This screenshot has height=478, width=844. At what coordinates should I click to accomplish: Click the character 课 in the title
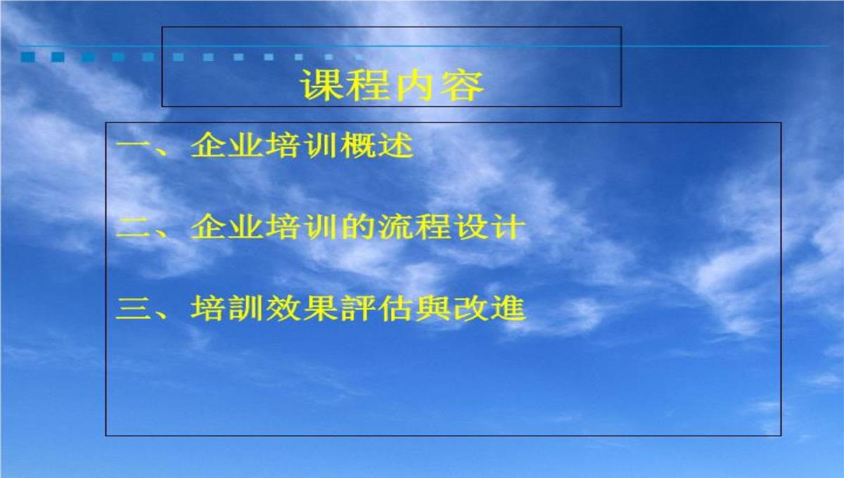pyautogui.click(x=322, y=86)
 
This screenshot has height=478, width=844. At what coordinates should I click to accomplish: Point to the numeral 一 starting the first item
pyautogui.click(x=133, y=145)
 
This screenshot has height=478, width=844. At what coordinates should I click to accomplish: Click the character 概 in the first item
pyautogui.click(x=358, y=145)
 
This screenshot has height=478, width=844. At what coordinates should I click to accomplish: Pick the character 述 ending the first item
pyautogui.click(x=395, y=145)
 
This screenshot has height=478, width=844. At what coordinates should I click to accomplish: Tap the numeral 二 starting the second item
pyautogui.click(x=133, y=228)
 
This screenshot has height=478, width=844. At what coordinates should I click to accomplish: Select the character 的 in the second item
pyautogui.click(x=358, y=227)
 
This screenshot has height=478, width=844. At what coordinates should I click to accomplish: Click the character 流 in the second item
pyautogui.click(x=395, y=227)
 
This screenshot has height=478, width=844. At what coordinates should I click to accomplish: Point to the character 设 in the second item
pyautogui.click(x=471, y=227)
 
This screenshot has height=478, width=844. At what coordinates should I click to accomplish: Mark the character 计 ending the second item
pyautogui.click(x=509, y=227)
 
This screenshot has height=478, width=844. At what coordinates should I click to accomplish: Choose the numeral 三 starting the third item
pyautogui.click(x=133, y=309)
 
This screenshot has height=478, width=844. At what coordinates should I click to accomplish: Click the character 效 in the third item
pyautogui.click(x=283, y=309)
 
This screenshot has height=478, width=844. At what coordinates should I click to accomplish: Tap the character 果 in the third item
pyautogui.click(x=320, y=309)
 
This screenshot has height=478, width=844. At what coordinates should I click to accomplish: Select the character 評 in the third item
pyautogui.click(x=358, y=309)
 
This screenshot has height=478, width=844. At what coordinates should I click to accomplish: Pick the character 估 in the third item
pyautogui.click(x=395, y=309)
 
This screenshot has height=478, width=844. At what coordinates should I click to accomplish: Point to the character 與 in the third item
pyautogui.click(x=433, y=309)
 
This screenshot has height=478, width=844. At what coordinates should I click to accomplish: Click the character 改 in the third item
pyautogui.click(x=471, y=309)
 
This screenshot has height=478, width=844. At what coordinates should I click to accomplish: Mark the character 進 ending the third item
pyautogui.click(x=509, y=309)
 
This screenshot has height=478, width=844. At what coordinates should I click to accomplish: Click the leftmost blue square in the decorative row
pyautogui.click(x=28, y=57)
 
